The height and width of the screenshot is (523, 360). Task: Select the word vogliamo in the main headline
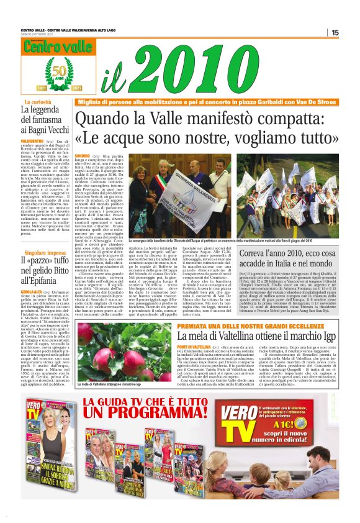[258, 136]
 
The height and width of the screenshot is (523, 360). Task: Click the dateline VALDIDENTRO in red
[35, 141]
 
